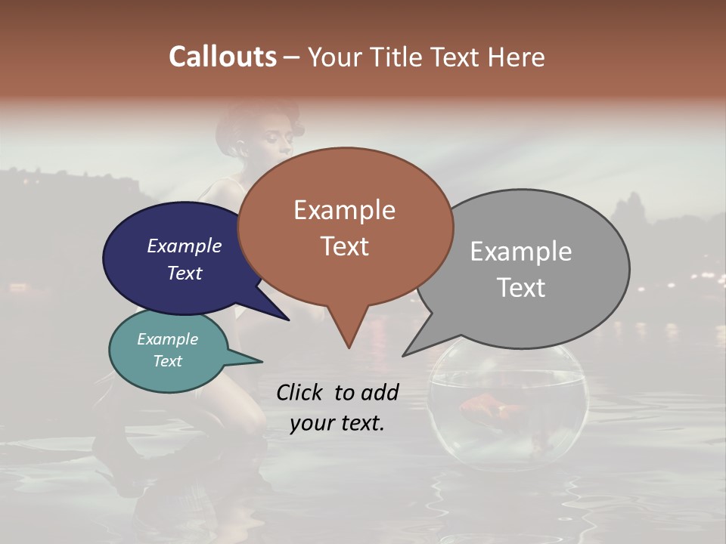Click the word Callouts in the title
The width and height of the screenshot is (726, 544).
click(x=222, y=57)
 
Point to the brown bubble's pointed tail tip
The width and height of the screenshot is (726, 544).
click(x=349, y=348)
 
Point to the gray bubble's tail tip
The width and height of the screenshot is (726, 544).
click(x=403, y=355)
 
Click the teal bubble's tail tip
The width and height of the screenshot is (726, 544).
click(x=262, y=360)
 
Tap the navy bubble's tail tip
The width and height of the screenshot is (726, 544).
click(x=289, y=320)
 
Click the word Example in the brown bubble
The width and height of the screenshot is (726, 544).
click(x=344, y=210)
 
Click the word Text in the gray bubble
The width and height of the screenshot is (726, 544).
click(x=521, y=288)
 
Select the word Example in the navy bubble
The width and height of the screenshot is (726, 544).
click(x=185, y=246)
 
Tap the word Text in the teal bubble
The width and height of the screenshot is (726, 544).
click(x=168, y=361)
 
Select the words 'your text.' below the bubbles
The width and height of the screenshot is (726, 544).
click(x=337, y=423)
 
